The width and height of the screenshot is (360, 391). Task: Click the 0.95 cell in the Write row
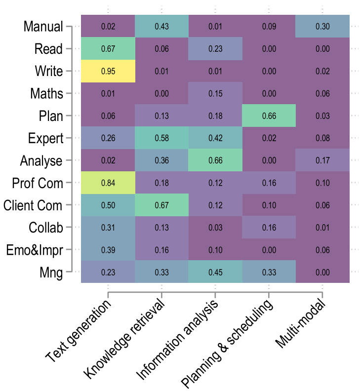click(x=107, y=71)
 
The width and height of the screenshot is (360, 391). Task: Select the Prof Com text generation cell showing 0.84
click(x=107, y=183)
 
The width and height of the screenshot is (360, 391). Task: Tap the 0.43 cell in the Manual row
click(x=161, y=27)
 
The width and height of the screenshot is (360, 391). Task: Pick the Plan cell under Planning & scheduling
click(x=268, y=116)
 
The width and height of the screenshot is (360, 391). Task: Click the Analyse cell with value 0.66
click(x=215, y=160)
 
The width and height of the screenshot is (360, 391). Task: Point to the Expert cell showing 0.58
click(x=161, y=138)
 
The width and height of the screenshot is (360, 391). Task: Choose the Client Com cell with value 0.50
click(x=107, y=205)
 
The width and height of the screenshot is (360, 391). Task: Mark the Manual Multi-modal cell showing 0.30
click(x=322, y=27)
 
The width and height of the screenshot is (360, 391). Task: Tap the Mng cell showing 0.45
click(x=215, y=272)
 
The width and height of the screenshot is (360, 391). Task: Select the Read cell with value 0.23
click(x=215, y=49)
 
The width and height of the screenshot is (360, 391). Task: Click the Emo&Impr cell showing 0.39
click(x=107, y=249)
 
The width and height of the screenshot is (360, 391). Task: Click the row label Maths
click(x=46, y=93)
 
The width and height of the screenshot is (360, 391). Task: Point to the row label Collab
click(x=46, y=227)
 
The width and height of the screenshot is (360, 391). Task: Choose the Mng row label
click(x=51, y=272)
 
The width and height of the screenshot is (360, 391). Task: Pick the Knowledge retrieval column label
click(x=126, y=341)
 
